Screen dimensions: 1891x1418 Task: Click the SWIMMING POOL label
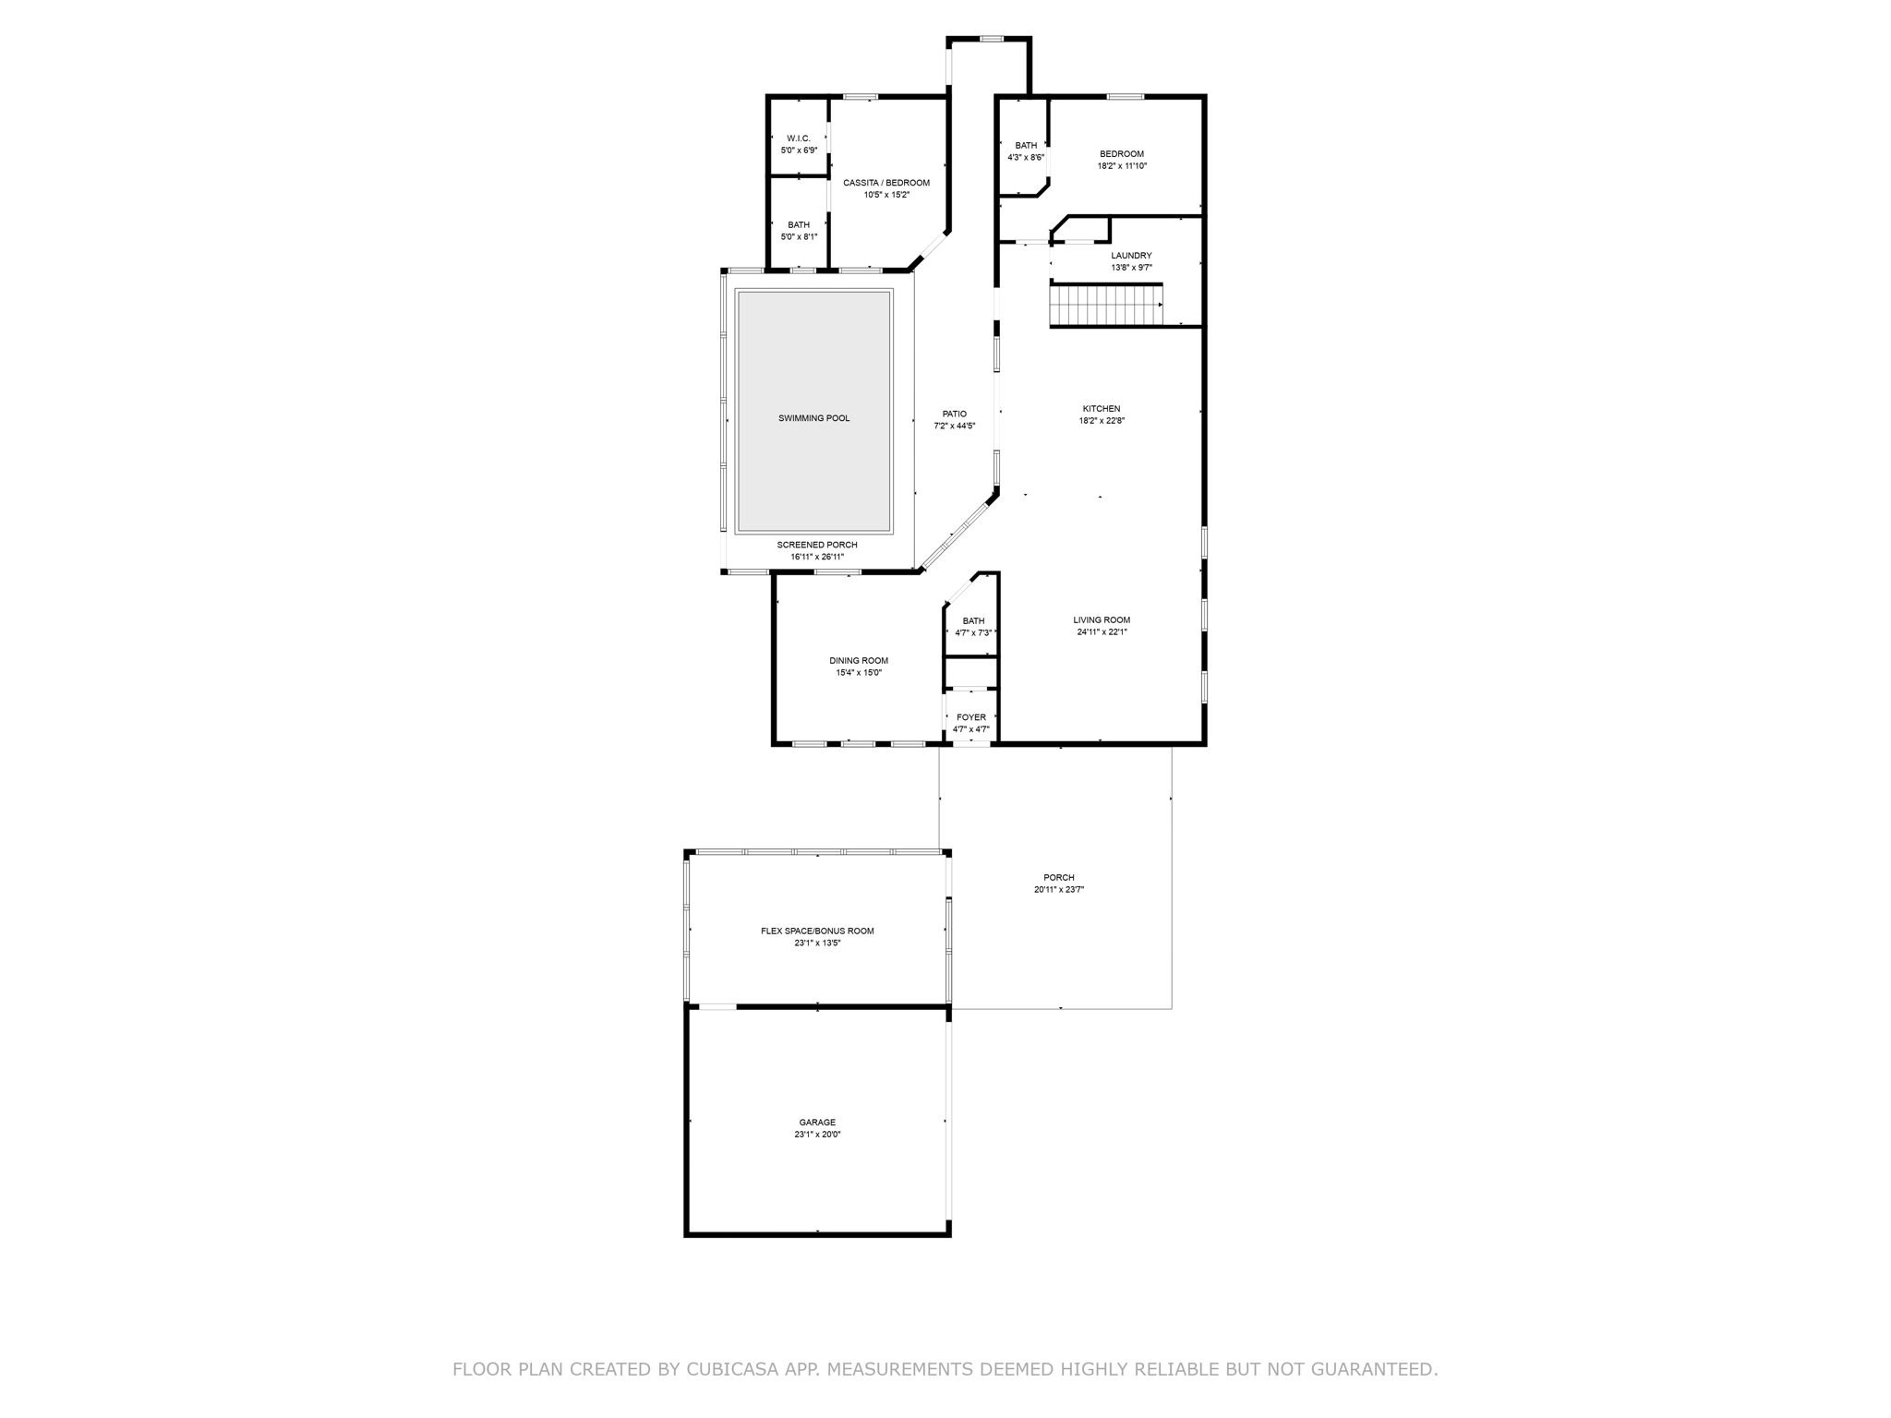click(x=813, y=418)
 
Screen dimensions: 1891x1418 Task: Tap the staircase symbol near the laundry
click(x=1106, y=306)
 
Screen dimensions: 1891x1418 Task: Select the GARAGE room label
click(x=817, y=1123)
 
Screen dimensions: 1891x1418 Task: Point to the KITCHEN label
click(x=1102, y=409)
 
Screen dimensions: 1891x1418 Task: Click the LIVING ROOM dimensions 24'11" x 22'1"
click(x=1102, y=632)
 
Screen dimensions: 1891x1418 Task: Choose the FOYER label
click(x=971, y=717)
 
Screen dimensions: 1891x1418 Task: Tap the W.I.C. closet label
click(x=799, y=138)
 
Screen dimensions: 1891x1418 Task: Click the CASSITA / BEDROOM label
click(x=886, y=183)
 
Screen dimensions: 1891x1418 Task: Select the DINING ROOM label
click(x=859, y=661)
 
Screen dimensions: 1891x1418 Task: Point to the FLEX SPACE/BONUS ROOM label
click(x=817, y=931)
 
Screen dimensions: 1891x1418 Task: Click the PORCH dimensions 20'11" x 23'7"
click(x=1059, y=890)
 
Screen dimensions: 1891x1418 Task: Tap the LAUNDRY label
click(x=1131, y=256)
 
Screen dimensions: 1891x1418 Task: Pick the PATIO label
click(x=955, y=415)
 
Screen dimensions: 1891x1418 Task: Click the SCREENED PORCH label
click(x=817, y=545)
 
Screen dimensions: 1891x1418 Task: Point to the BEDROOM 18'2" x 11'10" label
click(x=1122, y=160)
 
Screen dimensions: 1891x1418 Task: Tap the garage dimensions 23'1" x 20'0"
click(x=817, y=1135)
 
